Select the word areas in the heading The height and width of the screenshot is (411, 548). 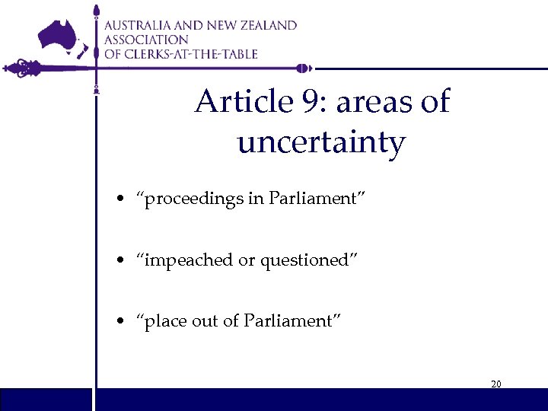(x=371, y=103)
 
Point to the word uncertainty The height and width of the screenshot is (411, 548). (x=321, y=142)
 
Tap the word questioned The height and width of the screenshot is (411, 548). (x=304, y=260)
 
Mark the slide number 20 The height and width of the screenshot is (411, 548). (x=495, y=384)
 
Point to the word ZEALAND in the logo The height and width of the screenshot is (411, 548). (x=266, y=25)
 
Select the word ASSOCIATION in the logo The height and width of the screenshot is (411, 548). (x=146, y=40)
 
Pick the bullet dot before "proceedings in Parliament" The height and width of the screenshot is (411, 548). (x=122, y=200)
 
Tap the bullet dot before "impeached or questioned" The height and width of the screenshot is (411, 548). (x=122, y=261)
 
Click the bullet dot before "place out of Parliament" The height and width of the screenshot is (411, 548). (x=122, y=322)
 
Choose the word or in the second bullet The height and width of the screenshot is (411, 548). (x=247, y=261)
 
